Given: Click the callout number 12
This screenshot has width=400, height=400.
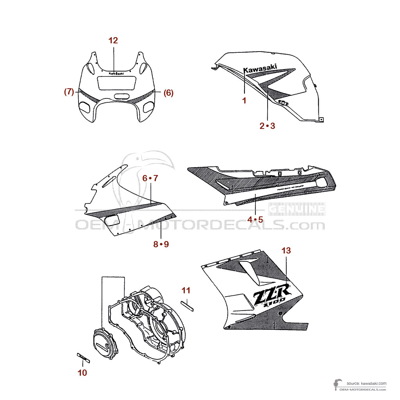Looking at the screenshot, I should pyautogui.click(x=113, y=40).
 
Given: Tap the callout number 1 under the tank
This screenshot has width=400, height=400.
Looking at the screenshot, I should pyautogui.click(x=244, y=101).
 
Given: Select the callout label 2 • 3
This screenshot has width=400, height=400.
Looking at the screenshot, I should pyautogui.click(x=268, y=126).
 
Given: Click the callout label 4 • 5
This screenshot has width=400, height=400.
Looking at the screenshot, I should pyautogui.click(x=255, y=220).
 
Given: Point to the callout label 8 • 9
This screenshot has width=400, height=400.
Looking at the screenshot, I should pyautogui.click(x=161, y=245).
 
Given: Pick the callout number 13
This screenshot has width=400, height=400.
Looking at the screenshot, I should pyautogui.click(x=286, y=250).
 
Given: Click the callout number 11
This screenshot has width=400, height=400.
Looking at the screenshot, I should pyautogui.click(x=186, y=290).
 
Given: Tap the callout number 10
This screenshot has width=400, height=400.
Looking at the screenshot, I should pyautogui.click(x=82, y=373).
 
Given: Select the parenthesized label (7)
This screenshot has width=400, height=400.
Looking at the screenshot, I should pyautogui.click(x=69, y=93).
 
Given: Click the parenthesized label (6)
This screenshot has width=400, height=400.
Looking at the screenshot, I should pyautogui.click(x=168, y=93).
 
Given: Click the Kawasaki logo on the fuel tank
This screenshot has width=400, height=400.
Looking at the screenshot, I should pyautogui.click(x=260, y=69).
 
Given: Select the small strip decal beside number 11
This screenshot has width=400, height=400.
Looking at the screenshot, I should pyautogui.click(x=187, y=305).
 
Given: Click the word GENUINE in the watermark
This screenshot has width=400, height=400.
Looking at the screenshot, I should pyautogui.click(x=303, y=209).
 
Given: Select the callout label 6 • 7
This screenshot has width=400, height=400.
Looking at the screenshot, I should pyautogui.click(x=150, y=179).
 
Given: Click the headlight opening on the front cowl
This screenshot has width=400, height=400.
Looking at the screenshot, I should pyautogui.click(x=116, y=83).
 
